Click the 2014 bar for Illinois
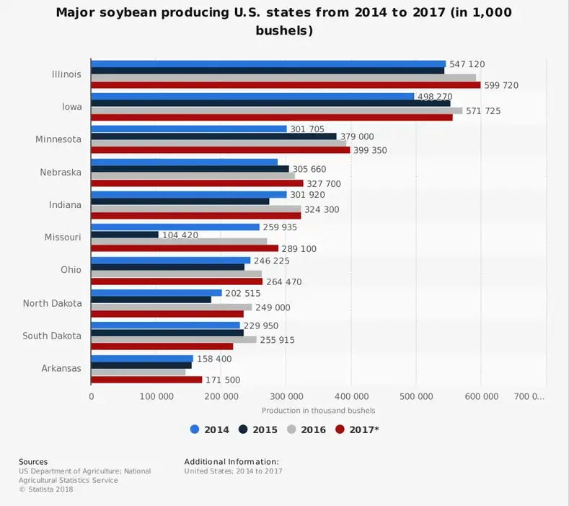click(x=268, y=64)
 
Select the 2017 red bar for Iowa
click(x=271, y=118)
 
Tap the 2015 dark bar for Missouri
click(x=124, y=235)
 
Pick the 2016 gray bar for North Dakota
click(x=171, y=307)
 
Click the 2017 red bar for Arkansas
click(x=146, y=380)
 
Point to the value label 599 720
click(x=500, y=85)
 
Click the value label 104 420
click(x=182, y=235)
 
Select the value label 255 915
click(x=277, y=340)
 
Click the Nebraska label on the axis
click(x=61, y=173)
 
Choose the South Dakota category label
click(x=52, y=336)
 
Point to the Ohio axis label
click(x=70, y=270)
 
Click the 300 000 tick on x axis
click(x=286, y=396)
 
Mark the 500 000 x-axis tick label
click(x=416, y=396)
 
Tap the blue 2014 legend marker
click(x=195, y=429)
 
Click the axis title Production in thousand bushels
click(x=318, y=411)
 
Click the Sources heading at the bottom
click(x=33, y=462)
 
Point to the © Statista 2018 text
click(x=46, y=489)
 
